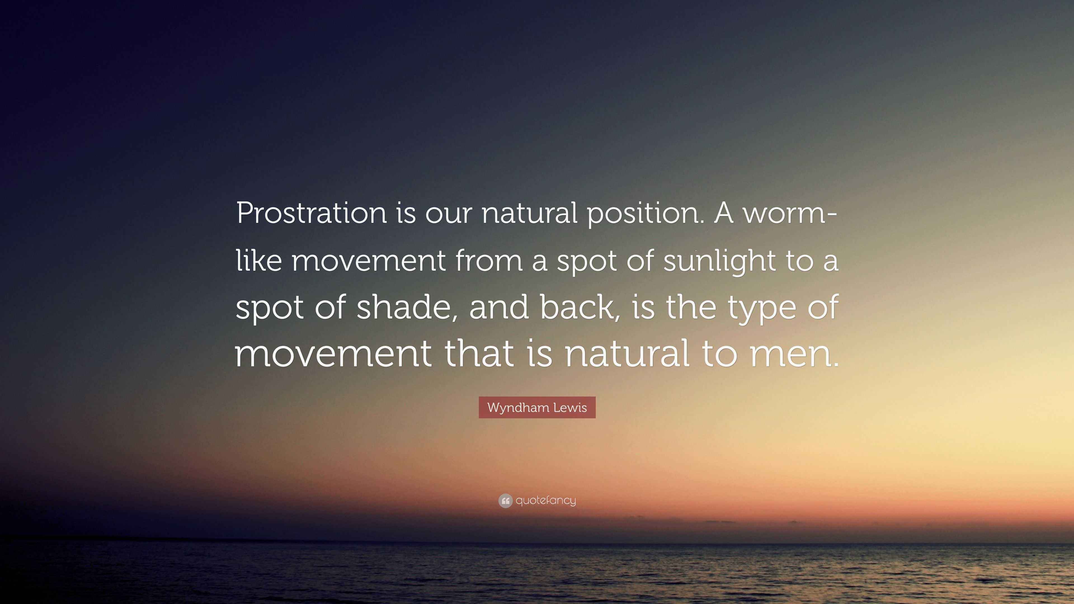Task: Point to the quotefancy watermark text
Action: [x=546, y=501]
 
